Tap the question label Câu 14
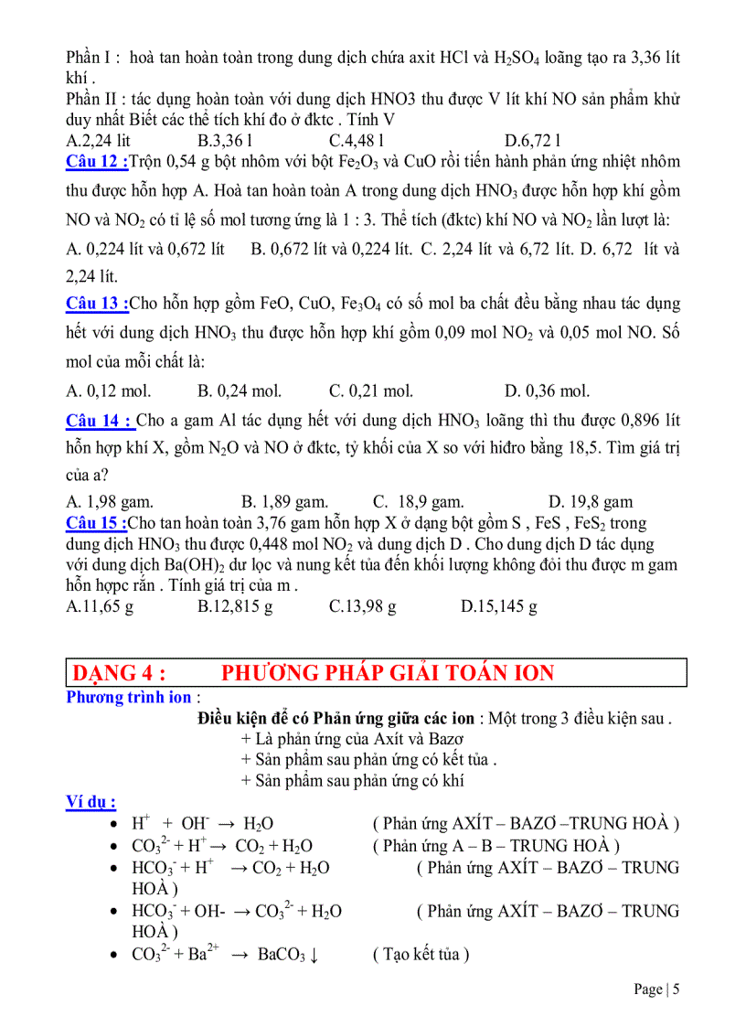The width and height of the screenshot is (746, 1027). pos(100,421)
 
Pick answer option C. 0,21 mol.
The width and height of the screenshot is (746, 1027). pos(371,391)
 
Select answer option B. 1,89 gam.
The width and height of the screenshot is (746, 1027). pos(284,502)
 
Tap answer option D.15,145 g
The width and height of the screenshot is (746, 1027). pos(498,605)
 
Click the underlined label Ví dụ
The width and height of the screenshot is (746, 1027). pos(91,802)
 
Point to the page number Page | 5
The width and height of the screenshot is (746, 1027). pos(657,989)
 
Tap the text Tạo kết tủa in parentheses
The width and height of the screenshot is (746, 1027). pos(421,955)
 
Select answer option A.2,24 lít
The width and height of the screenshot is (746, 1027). pos(99,141)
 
